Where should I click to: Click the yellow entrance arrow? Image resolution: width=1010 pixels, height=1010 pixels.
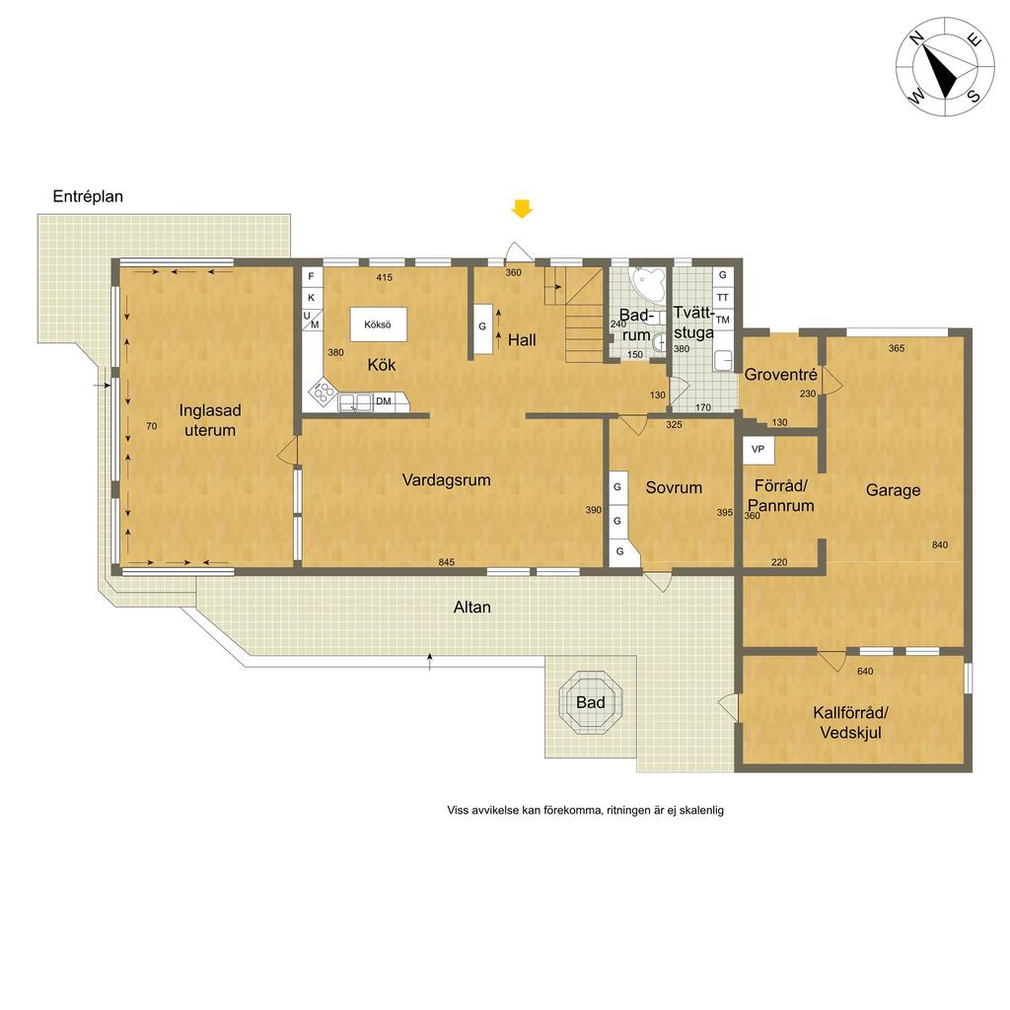click(x=522, y=209)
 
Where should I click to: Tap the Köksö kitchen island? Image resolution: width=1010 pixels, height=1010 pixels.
click(x=379, y=324)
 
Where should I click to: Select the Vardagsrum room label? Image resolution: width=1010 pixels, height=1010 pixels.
click(x=447, y=480)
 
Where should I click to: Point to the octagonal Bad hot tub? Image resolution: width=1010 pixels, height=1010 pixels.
click(x=591, y=702)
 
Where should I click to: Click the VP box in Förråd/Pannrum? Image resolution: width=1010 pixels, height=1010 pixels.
click(x=758, y=450)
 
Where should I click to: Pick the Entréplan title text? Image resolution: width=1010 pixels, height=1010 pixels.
click(x=88, y=196)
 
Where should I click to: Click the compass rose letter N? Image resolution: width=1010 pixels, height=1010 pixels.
click(x=916, y=38)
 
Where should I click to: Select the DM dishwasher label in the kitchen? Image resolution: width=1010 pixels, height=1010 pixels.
click(x=384, y=401)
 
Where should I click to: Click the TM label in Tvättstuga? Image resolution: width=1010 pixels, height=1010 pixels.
click(x=723, y=321)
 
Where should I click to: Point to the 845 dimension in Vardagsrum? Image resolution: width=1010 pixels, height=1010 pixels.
click(x=447, y=562)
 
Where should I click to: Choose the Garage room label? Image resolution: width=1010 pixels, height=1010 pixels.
click(x=893, y=490)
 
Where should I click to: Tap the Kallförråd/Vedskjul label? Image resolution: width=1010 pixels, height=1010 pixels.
click(x=851, y=723)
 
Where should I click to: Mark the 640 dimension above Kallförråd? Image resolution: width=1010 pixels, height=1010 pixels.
click(x=865, y=671)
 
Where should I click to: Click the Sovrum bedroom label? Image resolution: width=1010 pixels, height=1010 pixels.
click(x=674, y=487)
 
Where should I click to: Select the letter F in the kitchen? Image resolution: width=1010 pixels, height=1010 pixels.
click(x=311, y=276)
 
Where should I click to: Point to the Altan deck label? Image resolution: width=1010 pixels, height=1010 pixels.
click(x=472, y=607)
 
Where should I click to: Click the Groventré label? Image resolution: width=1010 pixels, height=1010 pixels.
click(x=781, y=374)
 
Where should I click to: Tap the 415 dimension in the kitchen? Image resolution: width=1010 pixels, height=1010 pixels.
click(x=384, y=277)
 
